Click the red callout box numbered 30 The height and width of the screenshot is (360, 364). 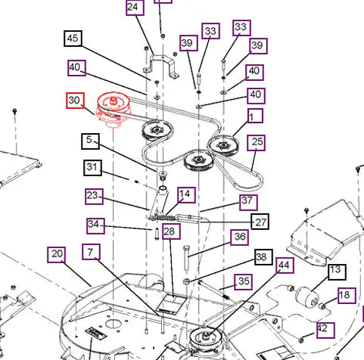click(75, 101)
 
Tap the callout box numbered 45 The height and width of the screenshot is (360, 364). click(73, 39)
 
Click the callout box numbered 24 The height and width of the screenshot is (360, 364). click(135, 8)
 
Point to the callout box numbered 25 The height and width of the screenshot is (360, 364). click(256, 143)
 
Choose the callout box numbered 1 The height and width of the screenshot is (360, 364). click(255, 116)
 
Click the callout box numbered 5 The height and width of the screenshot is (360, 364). click(90, 141)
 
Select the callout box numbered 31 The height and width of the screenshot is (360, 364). click(92, 168)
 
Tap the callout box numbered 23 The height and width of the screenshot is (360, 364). click(94, 196)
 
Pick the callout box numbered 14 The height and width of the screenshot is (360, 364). click(186, 195)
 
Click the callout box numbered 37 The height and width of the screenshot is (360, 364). click(248, 202)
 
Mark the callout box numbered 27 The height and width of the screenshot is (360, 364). click(260, 222)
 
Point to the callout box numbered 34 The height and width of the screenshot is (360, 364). click(95, 226)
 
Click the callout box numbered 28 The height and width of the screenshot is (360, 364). click(171, 231)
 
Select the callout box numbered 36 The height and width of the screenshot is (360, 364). click(239, 237)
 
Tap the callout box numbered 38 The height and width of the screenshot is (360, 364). click(263, 257)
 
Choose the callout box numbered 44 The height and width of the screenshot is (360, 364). click(285, 265)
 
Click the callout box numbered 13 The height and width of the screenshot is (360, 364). click(337, 272)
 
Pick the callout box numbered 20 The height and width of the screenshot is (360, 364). click(56, 255)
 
